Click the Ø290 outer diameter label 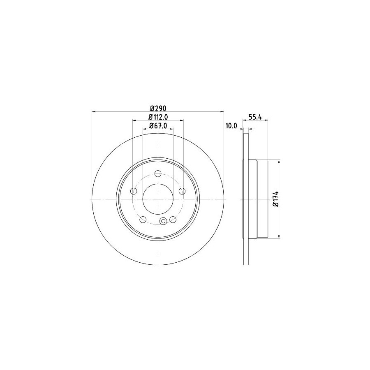(158, 108)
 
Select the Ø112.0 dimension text (158, 117)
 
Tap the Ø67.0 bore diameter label (158, 126)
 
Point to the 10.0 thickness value (231, 126)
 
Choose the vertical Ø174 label (276, 199)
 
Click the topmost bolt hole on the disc (158, 173)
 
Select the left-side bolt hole (134, 191)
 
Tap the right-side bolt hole (182, 191)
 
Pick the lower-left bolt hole (143, 220)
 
